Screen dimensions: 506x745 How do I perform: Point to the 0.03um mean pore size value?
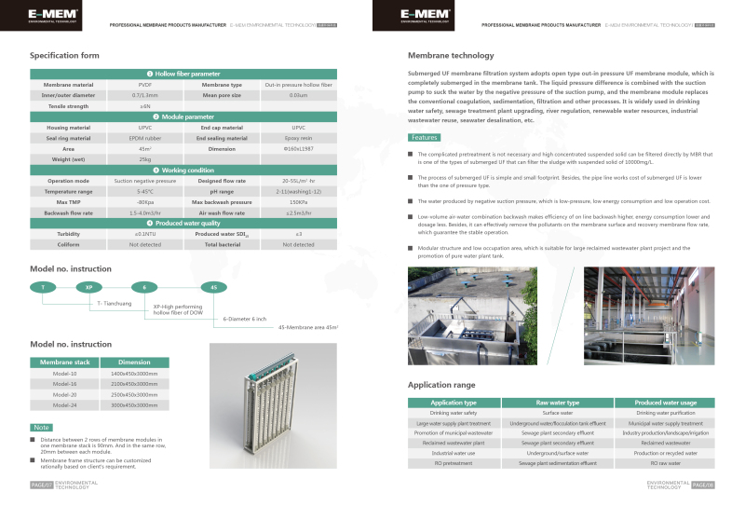298,95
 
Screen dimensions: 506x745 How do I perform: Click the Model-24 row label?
64,405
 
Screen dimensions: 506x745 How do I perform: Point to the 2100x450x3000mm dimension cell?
134,383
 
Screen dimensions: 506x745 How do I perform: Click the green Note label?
42,427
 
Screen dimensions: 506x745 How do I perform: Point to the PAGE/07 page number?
41,485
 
